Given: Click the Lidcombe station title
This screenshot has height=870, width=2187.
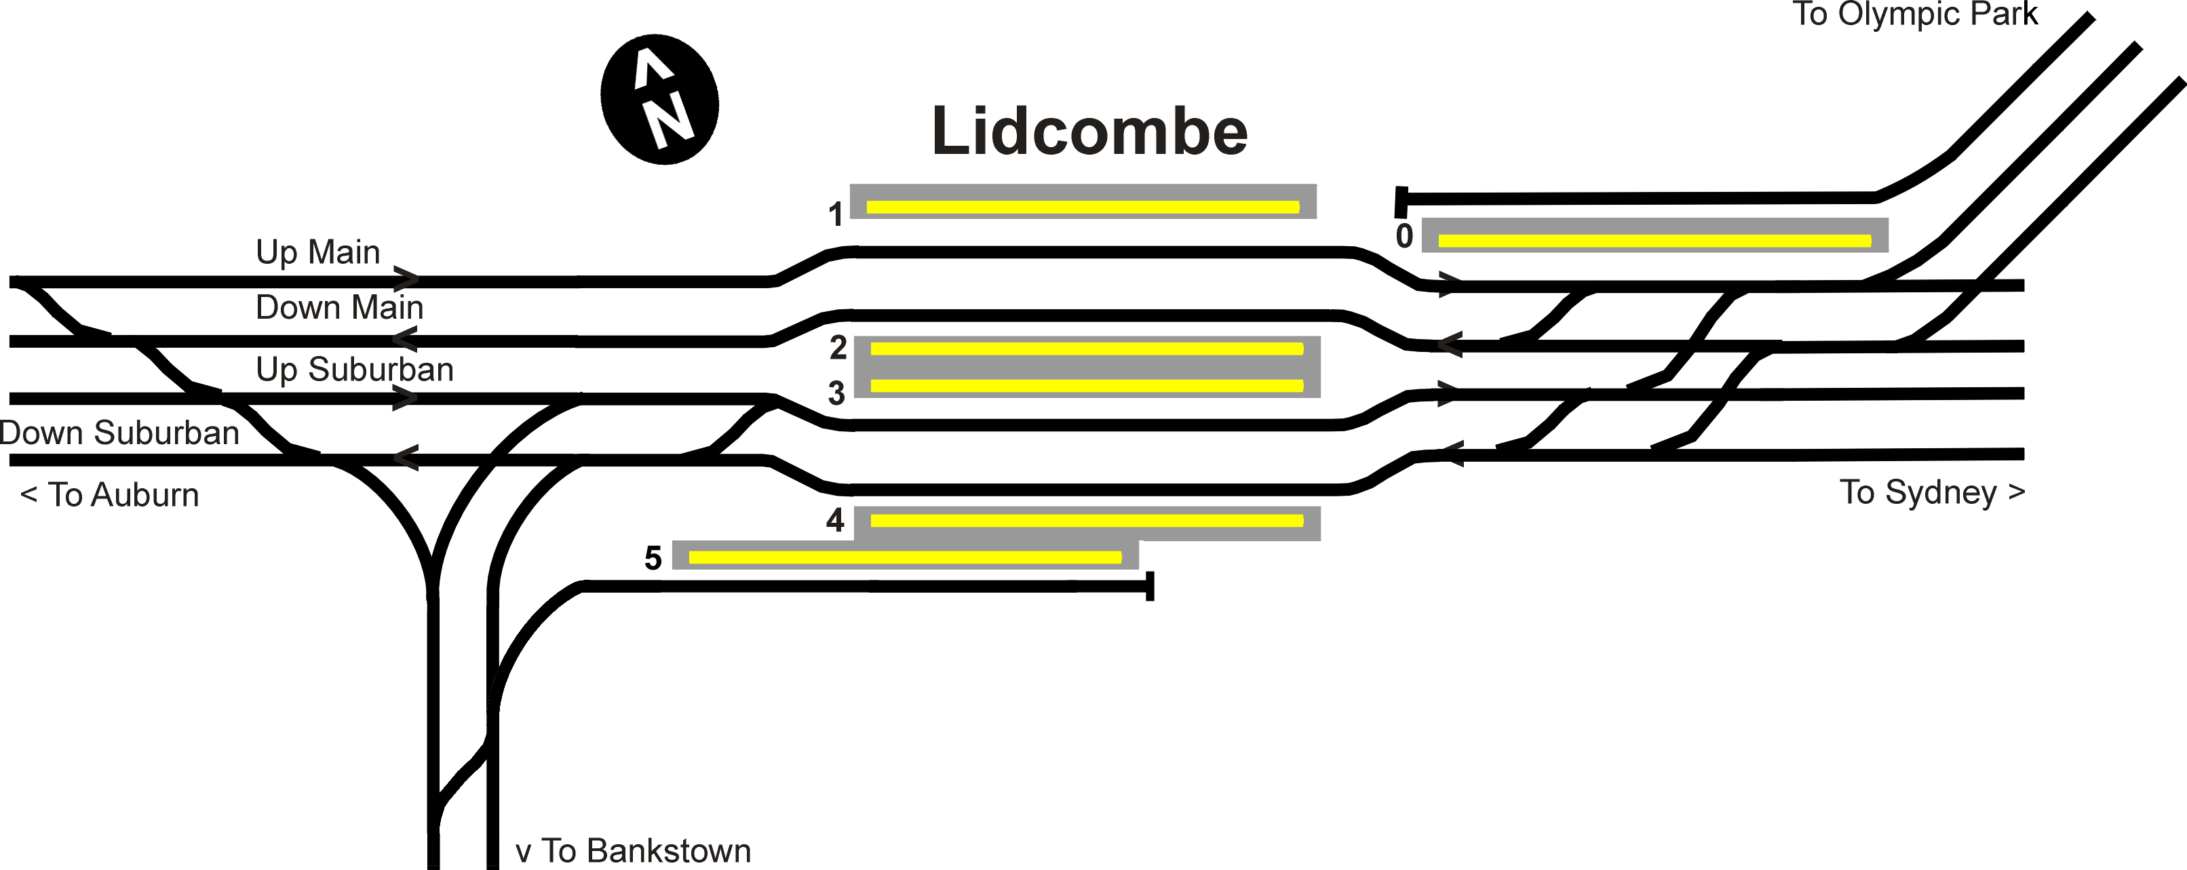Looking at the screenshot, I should [1089, 132].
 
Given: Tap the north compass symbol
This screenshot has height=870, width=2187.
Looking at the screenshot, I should [659, 99].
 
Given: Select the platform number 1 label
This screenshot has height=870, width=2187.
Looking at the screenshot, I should [836, 214].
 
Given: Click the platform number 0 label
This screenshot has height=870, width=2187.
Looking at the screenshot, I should [1404, 236].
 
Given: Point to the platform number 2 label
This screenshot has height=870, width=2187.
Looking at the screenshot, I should [838, 347].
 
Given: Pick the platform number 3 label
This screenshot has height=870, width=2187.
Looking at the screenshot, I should [836, 393].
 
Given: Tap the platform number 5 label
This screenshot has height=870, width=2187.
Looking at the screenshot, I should [653, 557].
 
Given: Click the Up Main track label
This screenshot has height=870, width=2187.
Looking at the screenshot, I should [317, 252].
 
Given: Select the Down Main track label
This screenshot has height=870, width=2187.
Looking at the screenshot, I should [338, 307].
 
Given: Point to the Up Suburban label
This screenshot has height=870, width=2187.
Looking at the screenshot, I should [355, 369].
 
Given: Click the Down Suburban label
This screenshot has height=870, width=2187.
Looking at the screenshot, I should [119, 433].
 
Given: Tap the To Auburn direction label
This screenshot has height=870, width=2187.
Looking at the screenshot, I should [109, 495].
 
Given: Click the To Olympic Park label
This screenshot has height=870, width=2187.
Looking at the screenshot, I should [1914, 14].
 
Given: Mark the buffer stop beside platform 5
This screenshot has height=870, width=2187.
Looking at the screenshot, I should [1150, 587].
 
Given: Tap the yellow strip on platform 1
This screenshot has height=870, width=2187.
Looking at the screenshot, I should [1083, 207].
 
